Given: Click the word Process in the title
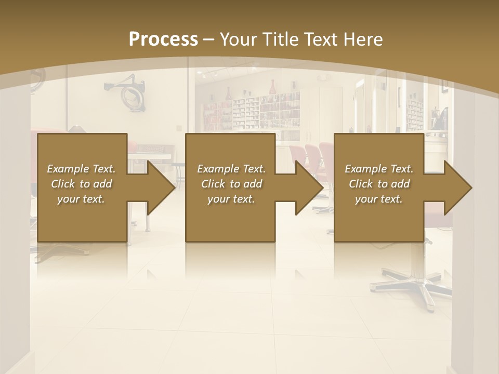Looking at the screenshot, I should coord(163,39).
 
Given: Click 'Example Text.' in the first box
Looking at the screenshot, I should coord(81,169).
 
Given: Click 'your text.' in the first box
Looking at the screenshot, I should coord(81,199).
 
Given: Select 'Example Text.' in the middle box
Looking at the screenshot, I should coord(231,169).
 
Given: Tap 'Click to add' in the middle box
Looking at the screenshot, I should coord(231,184).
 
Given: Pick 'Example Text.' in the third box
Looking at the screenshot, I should coord(379,169).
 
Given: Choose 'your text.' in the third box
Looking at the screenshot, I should coord(379,199).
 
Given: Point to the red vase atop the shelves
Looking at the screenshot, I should coord(272,87).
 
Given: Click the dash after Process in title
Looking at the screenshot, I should coord(209,39).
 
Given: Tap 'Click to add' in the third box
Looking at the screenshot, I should coord(379,184).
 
